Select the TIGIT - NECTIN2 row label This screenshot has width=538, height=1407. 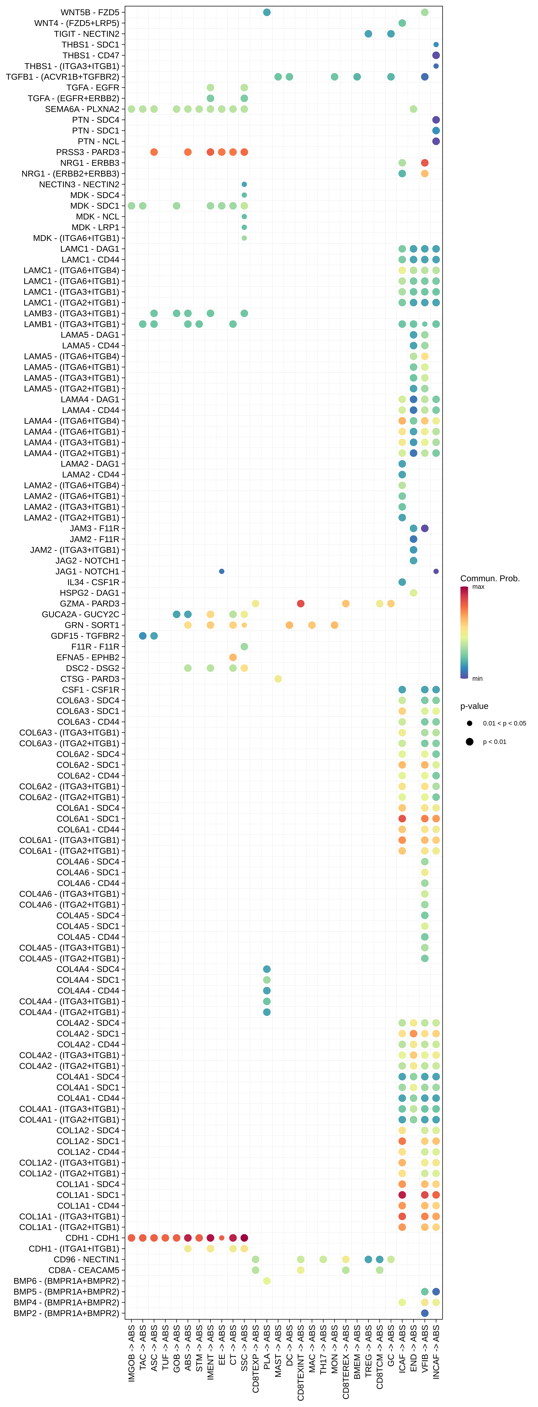pos(86,34)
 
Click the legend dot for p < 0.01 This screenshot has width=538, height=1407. pos(469,742)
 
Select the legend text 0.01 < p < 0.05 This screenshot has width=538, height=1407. pos(504,723)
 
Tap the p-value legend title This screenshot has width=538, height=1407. pos(474,706)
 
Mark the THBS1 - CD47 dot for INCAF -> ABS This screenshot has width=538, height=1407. pos(436,55)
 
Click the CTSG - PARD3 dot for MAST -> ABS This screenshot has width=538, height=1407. pos(278,679)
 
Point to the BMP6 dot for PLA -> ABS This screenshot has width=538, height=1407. pos(267,1281)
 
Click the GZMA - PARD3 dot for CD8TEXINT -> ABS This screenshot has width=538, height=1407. pos(300,604)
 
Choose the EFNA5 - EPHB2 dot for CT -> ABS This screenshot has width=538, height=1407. pos(233,657)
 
